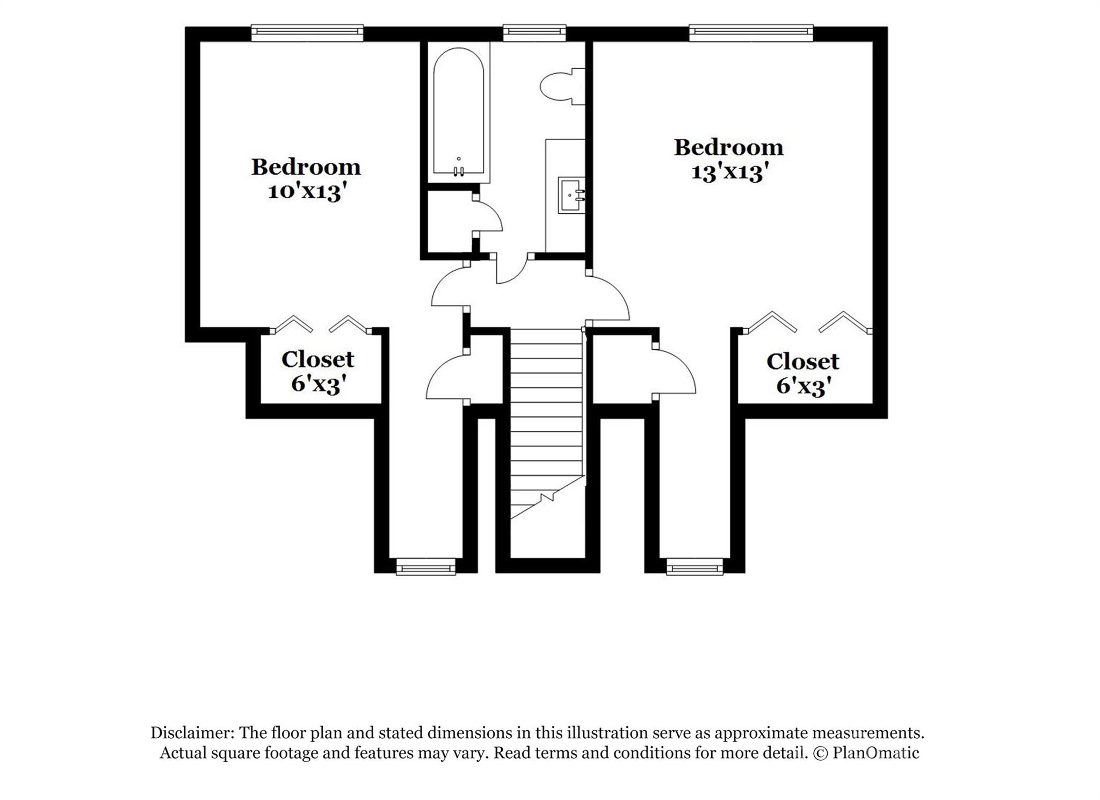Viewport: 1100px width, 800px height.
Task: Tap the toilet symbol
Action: coord(562,87)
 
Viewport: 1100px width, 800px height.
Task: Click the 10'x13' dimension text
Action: coord(305,191)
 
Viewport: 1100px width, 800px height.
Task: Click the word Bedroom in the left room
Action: coord(306,167)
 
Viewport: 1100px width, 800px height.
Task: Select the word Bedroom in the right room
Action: coord(729,147)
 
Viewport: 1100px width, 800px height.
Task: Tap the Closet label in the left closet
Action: coord(318,359)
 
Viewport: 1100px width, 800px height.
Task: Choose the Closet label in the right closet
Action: coord(803,362)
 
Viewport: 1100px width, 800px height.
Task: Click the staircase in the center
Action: coord(546,424)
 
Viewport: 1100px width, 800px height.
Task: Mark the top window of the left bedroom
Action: coord(307,33)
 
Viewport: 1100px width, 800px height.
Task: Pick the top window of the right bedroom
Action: coord(751,33)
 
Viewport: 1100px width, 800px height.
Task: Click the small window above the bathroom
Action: coord(534,33)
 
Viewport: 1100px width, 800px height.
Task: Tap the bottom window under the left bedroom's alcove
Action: coord(426,567)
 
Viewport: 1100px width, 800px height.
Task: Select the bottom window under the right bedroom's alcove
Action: coord(694,567)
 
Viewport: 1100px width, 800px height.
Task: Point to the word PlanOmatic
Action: coord(876,753)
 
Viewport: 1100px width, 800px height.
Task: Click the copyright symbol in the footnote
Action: coord(820,753)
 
